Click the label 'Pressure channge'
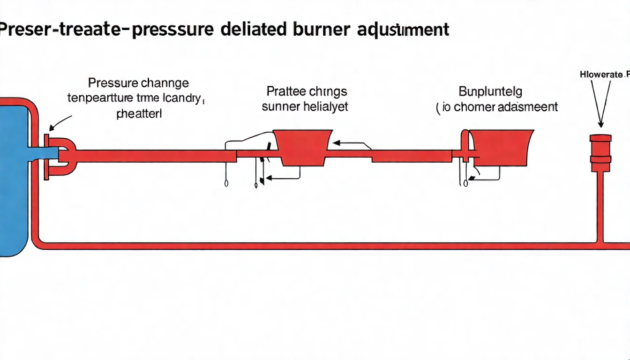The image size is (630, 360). pyautogui.click(x=138, y=83)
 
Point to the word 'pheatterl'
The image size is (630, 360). pyautogui.click(x=139, y=113)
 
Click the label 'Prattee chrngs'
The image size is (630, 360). pyautogui.click(x=307, y=91)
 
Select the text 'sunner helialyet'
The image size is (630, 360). pyautogui.click(x=305, y=107)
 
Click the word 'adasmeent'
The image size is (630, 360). pyautogui.click(x=530, y=107)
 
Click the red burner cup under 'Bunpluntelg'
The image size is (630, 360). pyautogui.click(x=501, y=147)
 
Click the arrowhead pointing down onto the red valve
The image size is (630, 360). pyautogui.click(x=600, y=124)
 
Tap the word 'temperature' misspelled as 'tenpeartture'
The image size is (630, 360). pyautogui.click(x=98, y=98)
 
